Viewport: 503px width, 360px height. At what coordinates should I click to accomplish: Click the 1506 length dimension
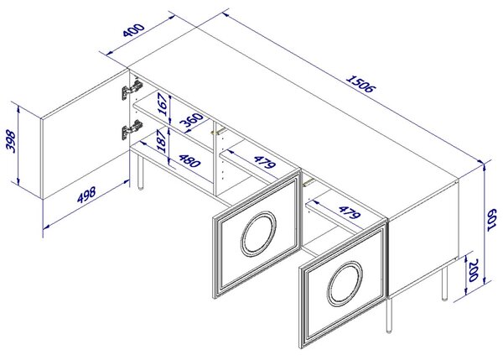[360, 84]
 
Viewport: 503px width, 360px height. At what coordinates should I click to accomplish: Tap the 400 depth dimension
[134, 30]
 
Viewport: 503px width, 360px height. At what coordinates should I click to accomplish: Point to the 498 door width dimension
[86, 195]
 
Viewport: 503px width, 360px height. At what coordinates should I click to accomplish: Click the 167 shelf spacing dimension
[163, 104]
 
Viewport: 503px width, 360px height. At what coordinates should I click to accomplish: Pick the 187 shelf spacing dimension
[162, 141]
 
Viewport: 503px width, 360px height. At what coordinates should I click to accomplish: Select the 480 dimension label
[189, 161]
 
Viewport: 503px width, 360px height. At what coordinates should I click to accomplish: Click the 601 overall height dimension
[492, 220]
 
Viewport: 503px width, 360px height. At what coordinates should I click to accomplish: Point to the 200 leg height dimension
[474, 270]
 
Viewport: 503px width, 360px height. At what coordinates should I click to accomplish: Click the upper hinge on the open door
[132, 90]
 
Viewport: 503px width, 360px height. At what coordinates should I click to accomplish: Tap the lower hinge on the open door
[132, 129]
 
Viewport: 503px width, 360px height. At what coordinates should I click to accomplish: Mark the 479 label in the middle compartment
[264, 162]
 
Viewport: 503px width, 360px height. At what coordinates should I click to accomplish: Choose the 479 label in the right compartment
[350, 212]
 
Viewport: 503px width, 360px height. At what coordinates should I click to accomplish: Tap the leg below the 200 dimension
[444, 284]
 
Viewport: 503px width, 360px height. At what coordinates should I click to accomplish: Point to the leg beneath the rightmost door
[389, 316]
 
